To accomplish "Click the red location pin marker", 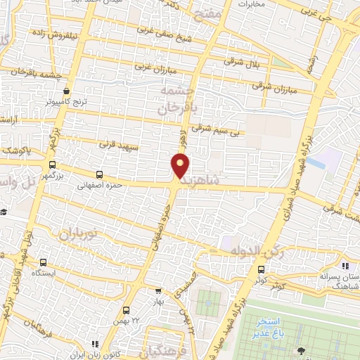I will pos(181,166).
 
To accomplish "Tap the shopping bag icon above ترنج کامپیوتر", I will pos(67,91).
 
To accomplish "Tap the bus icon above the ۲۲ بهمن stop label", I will pos(126,310).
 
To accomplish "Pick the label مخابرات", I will pos(252,5).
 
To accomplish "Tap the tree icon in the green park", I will pos(301,350).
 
